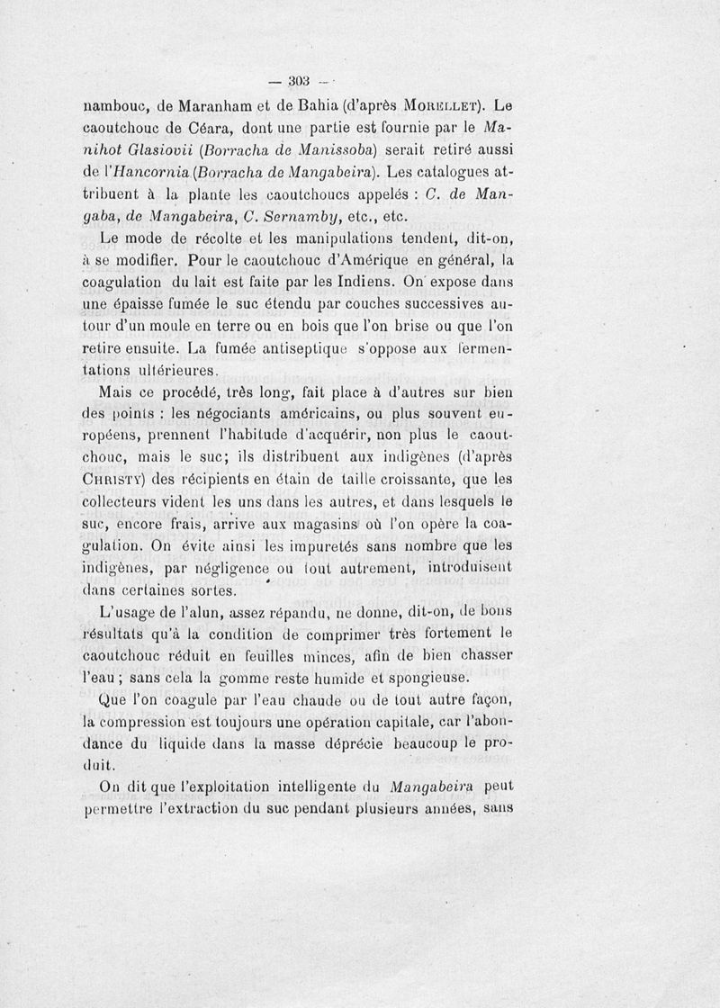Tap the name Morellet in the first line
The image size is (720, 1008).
[447, 103]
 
